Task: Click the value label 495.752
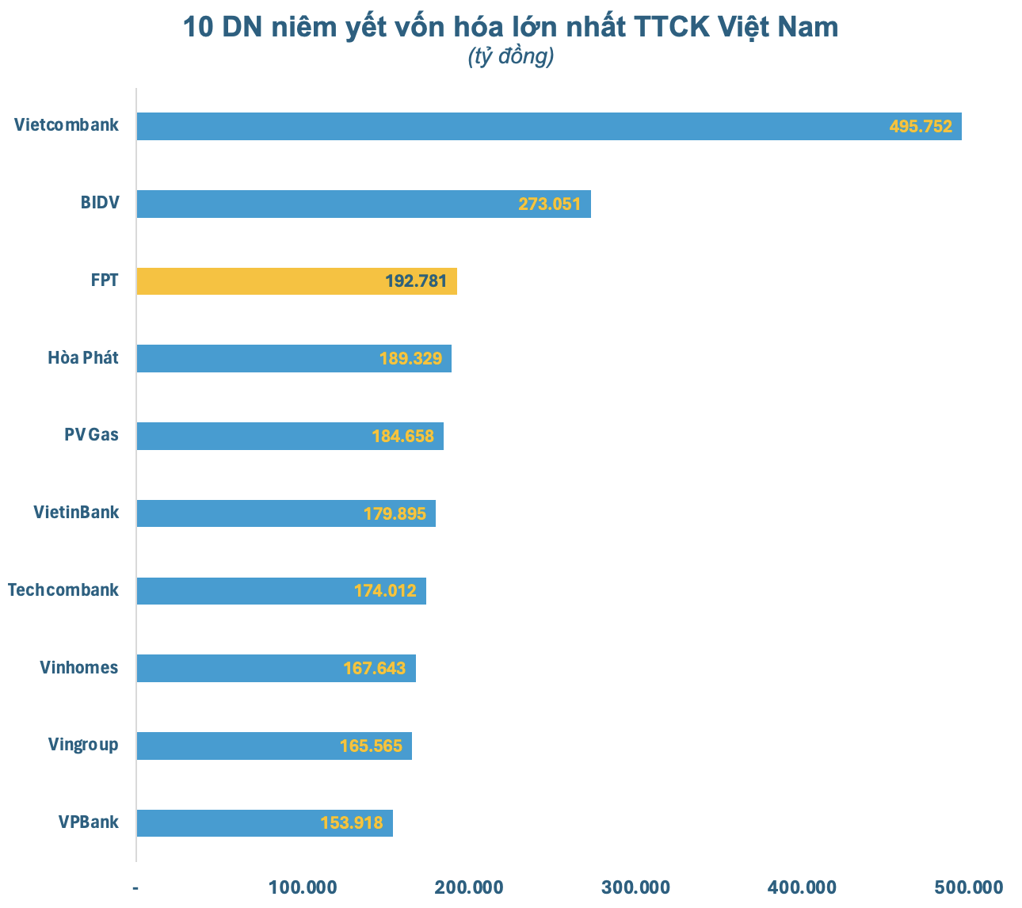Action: (x=921, y=127)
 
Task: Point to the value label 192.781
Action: (x=416, y=281)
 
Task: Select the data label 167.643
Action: (x=374, y=669)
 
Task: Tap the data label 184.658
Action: (x=402, y=436)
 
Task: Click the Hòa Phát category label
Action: (x=83, y=358)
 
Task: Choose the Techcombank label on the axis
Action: (x=63, y=590)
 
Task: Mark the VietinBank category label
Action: (x=76, y=513)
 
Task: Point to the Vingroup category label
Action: (x=83, y=745)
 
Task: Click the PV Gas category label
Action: (x=91, y=435)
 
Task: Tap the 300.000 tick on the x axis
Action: (x=635, y=887)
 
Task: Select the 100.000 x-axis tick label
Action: (x=303, y=887)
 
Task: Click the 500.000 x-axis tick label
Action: (x=969, y=887)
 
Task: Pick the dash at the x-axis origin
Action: (x=136, y=887)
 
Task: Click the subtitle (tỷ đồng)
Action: (x=510, y=57)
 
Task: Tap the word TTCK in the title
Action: (x=672, y=28)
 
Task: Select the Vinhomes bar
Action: (x=276, y=668)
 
